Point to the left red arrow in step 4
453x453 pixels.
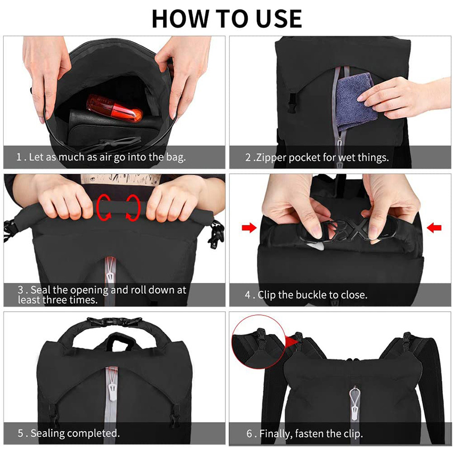(x=248, y=228)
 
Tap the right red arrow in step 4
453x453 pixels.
(x=434, y=228)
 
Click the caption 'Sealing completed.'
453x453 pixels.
(x=75, y=433)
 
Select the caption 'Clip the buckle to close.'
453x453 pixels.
(x=312, y=295)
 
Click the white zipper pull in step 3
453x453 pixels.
(x=110, y=270)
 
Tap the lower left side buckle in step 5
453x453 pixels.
(x=53, y=409)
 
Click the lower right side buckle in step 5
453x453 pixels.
(x=176, y=409)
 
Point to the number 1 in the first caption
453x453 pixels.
(x=19, y=158)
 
